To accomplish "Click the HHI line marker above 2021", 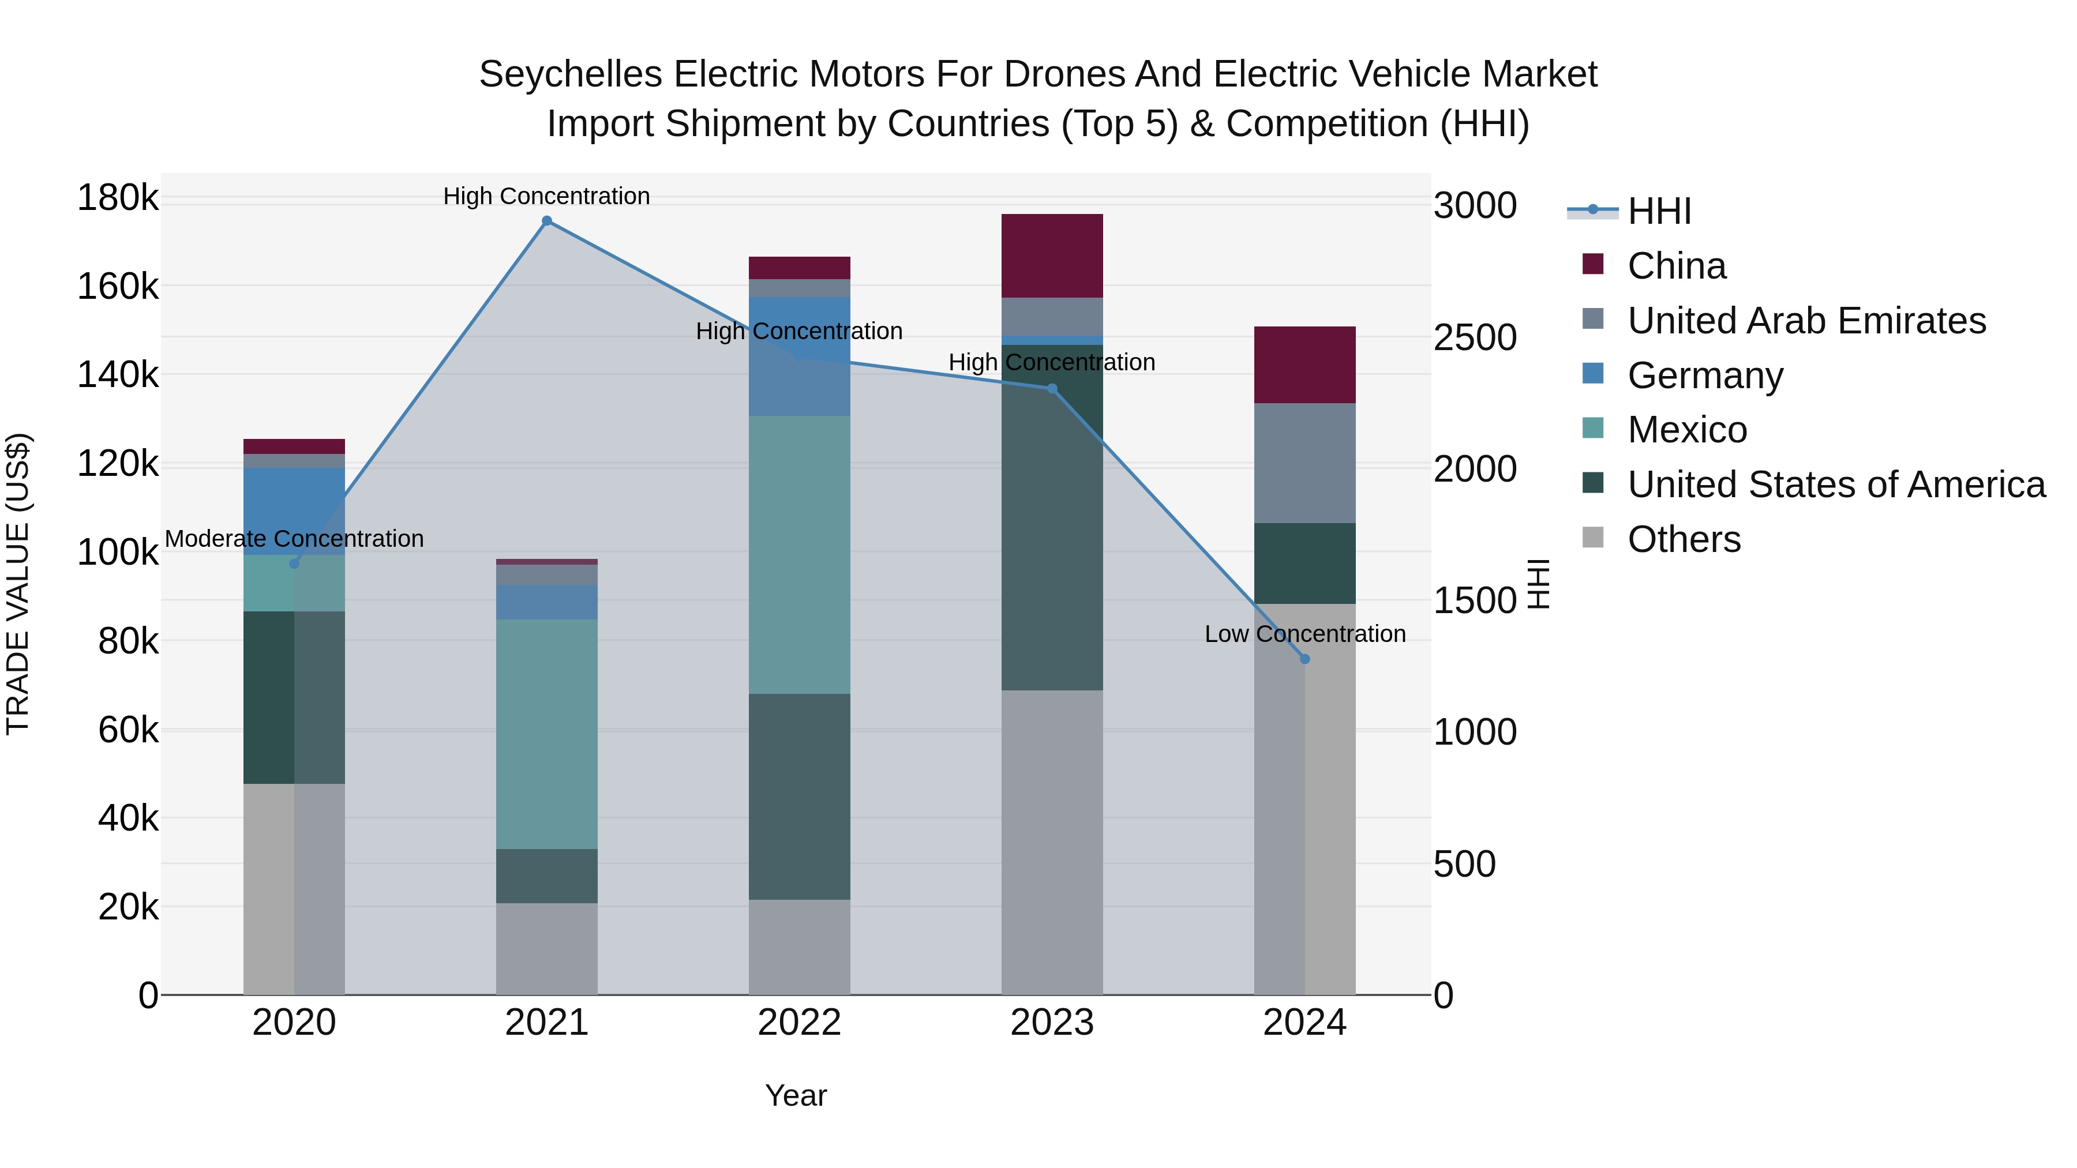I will [x=547, y=221].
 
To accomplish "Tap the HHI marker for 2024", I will [x=1304, y=659].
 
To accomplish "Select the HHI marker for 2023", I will [x=1051, y=389].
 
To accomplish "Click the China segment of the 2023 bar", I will [x=1051, y=256].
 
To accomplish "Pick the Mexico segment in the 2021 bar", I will [x=547, y=734].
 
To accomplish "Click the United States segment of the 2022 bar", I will [x=799, y=797].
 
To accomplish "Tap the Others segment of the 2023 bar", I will [x=1051, y=842].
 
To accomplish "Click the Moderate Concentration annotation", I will [x=294, y=539].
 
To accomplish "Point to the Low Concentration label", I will [x=1304, y=634].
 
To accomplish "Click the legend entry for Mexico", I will [x=1687, y=430].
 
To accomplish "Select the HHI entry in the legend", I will [x=1659, y=211].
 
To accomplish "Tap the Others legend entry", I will [x=1684, y=539].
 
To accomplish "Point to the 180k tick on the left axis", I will [x=118, y=197].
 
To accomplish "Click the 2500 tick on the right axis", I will [x=1475, y=338].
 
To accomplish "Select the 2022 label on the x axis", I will [x=799, y=1023].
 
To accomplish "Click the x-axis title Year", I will [x=796, y=1095].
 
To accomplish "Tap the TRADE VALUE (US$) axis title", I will [x=18, y=584].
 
